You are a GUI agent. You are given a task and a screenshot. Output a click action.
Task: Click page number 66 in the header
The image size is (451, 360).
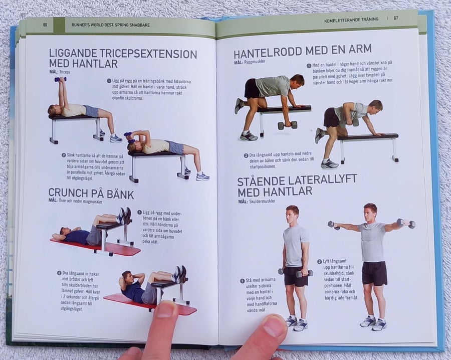coord(45,25)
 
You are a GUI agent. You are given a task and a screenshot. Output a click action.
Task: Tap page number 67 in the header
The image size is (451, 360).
coord(396,18)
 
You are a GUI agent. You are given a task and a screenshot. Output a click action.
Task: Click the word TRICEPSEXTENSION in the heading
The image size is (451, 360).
coord(139,54)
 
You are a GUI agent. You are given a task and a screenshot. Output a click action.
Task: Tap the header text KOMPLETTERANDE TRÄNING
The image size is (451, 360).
coord(351,20)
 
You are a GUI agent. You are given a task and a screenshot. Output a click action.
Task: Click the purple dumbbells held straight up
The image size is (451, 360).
coord(61,79)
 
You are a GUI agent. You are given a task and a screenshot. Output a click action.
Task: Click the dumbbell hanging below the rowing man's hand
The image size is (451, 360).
coord(287,125)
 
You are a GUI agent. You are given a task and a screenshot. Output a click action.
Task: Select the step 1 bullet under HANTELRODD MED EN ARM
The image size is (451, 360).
coord(309,66)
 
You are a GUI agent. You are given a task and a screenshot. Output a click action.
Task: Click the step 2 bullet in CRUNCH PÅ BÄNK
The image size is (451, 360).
coord(59,273)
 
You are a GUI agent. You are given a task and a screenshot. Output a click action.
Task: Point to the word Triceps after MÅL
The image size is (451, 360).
coord(65,72)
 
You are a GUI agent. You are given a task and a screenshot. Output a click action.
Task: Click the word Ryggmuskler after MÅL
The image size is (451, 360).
coord(254,62)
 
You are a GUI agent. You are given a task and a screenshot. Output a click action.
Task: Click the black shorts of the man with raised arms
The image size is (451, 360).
coord(374,273)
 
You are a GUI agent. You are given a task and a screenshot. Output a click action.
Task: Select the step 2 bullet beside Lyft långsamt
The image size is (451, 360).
coord(319,262)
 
